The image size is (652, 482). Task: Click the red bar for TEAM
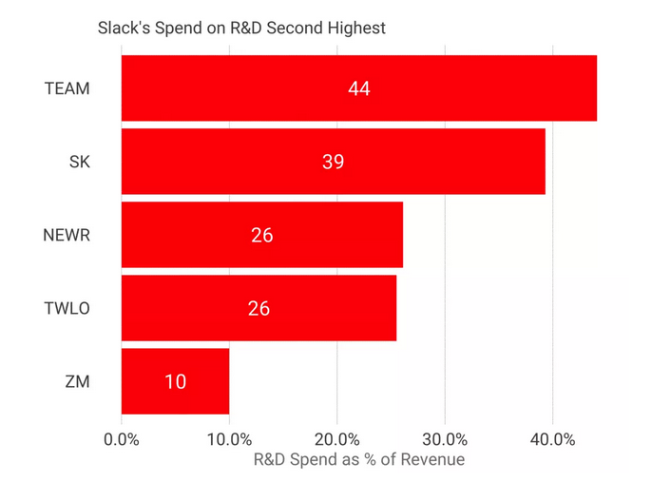tap(358, 88)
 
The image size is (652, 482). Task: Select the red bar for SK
tap(333, 162)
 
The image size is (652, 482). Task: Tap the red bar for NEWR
tap(261, 235)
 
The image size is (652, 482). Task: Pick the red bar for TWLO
tap(259, 308)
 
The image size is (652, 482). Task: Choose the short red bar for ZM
tap(175, 381)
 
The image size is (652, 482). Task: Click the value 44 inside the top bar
tap(358, 89)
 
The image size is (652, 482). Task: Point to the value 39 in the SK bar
tap(333, 163)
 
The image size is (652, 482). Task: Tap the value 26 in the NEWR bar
tap(261, 235)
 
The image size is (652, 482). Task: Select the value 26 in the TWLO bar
tap(259, 308)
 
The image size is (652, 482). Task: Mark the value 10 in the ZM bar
tap(175, 382)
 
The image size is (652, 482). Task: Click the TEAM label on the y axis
tap(67, 89)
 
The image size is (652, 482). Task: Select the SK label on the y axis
tap(79, 163)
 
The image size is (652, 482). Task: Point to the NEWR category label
tap(67, 235)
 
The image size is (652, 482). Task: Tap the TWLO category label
tap(67, 308)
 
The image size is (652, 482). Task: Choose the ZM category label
tap(79, 382)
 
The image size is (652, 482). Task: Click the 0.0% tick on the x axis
tap(122, 439)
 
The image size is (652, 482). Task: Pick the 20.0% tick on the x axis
tap(336, 439)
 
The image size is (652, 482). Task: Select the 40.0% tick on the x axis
tap(552, 439)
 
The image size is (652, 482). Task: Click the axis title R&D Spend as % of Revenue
tap(358, 460)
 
